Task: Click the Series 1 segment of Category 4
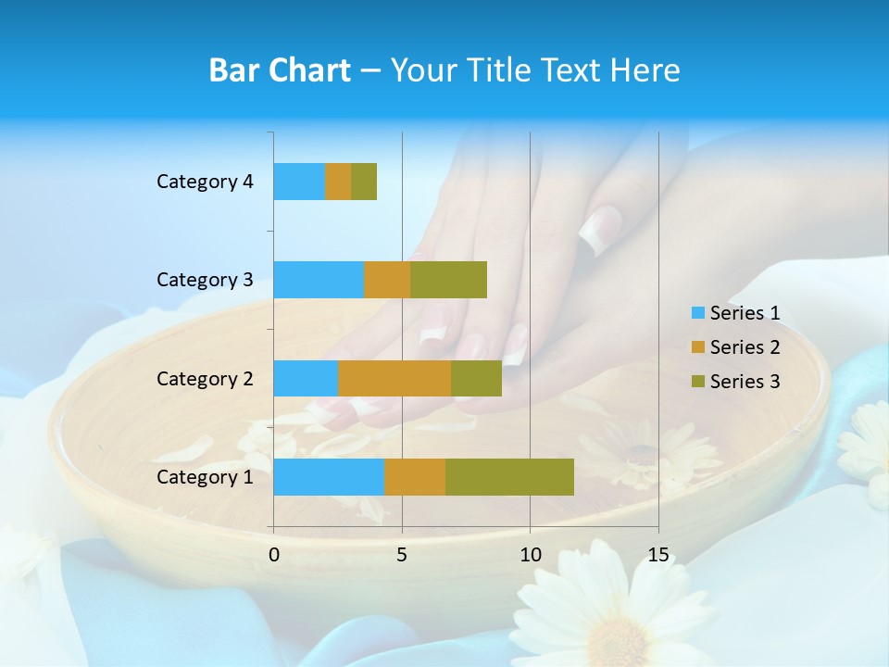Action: tap(299, 182)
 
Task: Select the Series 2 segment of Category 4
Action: tap(338, 182)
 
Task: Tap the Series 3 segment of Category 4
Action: tap(364, 182)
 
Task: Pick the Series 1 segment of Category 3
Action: tap(319, 280)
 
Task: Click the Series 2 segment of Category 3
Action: tap(387, 280)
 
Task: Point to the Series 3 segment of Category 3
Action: tap(448, 280)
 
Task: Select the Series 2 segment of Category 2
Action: tap(394, 378)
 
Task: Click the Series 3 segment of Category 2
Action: tap(476, 378)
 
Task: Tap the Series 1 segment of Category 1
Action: tap(329, 477)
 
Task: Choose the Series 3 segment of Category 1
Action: tap(509, 477)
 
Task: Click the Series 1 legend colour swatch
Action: tap(697, 313)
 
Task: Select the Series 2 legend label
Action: tap(745, 347)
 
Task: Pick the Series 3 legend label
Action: tap(745, 382)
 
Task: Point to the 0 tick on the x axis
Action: tap(274, 555)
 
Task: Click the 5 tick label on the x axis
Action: tap(402, 555)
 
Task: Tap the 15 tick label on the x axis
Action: tap(658, 555)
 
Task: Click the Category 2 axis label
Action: tap(205, 378)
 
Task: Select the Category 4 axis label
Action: tap(205, 182)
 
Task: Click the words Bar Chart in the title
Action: tap(280, 70)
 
